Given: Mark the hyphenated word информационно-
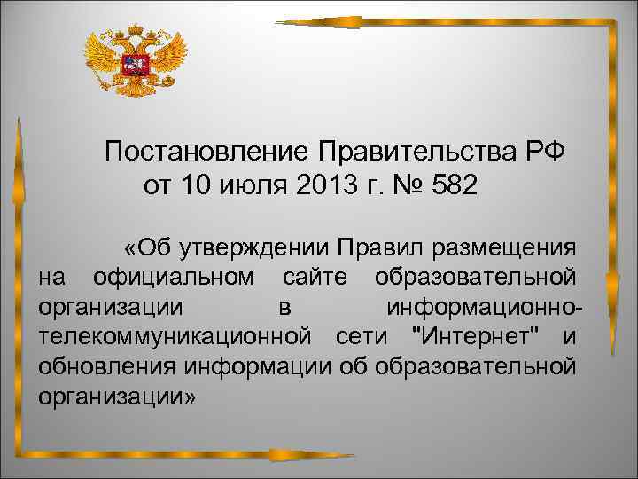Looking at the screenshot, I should [486, 307].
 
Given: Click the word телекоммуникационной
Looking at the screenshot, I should [175, 337].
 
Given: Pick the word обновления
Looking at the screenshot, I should [107, 367].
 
